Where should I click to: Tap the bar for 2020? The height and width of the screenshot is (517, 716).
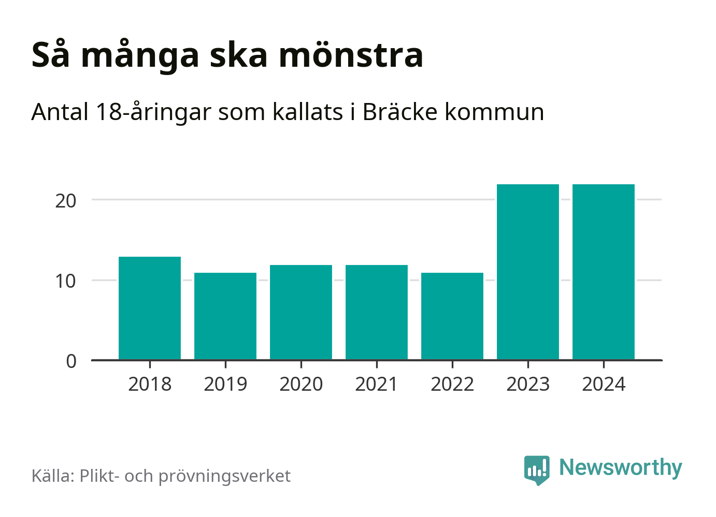pos(301,312)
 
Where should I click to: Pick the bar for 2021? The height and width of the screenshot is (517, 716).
pos(377,312)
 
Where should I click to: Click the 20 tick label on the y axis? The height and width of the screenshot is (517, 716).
pos(66,201)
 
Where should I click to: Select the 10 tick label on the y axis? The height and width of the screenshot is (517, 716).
pos(66,281)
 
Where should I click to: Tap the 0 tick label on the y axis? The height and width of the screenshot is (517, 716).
pos(71,361)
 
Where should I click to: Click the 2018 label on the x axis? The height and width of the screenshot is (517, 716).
pos(150,385)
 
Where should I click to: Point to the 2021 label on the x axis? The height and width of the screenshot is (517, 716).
pos(377,385)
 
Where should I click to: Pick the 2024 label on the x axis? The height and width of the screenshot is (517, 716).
pos(604,385)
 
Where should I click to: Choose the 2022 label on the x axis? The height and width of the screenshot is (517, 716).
pos(452,385)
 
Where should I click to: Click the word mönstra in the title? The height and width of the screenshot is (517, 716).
pos(351,55)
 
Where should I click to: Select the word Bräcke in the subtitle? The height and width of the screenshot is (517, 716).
pos(400,112)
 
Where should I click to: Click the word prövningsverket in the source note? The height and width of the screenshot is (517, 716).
pos(224,476)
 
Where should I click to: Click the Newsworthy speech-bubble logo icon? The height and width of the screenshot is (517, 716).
pos(536,469)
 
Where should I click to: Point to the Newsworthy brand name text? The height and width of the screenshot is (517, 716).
pos(621,468)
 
